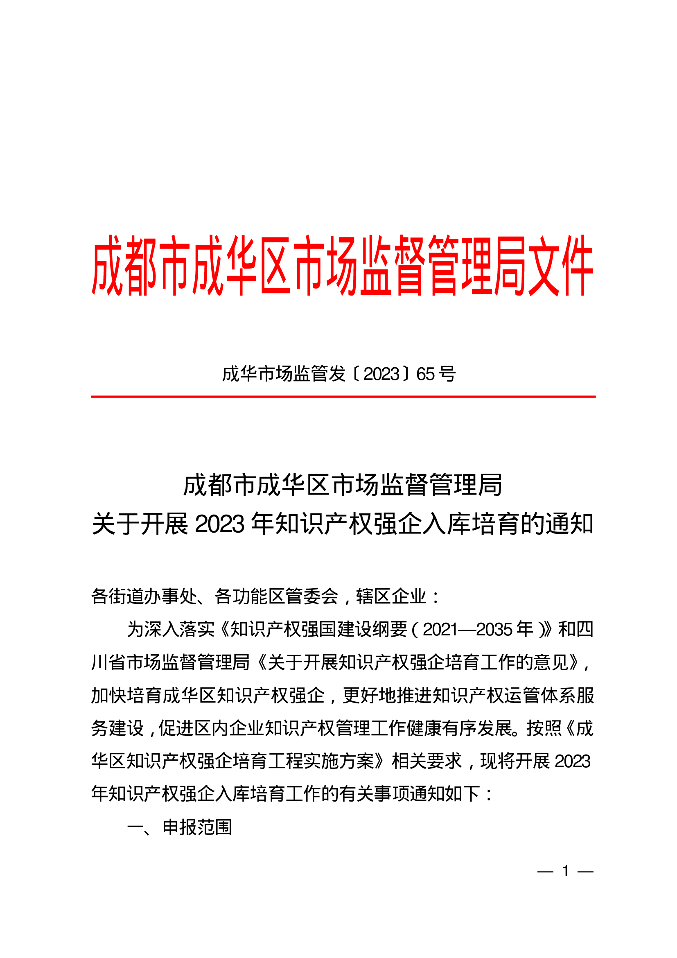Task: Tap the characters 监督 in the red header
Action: pos(392,265)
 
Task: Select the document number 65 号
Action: pos(436,374)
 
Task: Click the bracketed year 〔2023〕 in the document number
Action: pos(381,374)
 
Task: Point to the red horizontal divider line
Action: pos(343,396)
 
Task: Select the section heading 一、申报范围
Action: pos(179,827)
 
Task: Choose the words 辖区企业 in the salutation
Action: pos(391,596)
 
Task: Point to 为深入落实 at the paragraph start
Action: pos(171,629)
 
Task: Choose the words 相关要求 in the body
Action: pos(427,761)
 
